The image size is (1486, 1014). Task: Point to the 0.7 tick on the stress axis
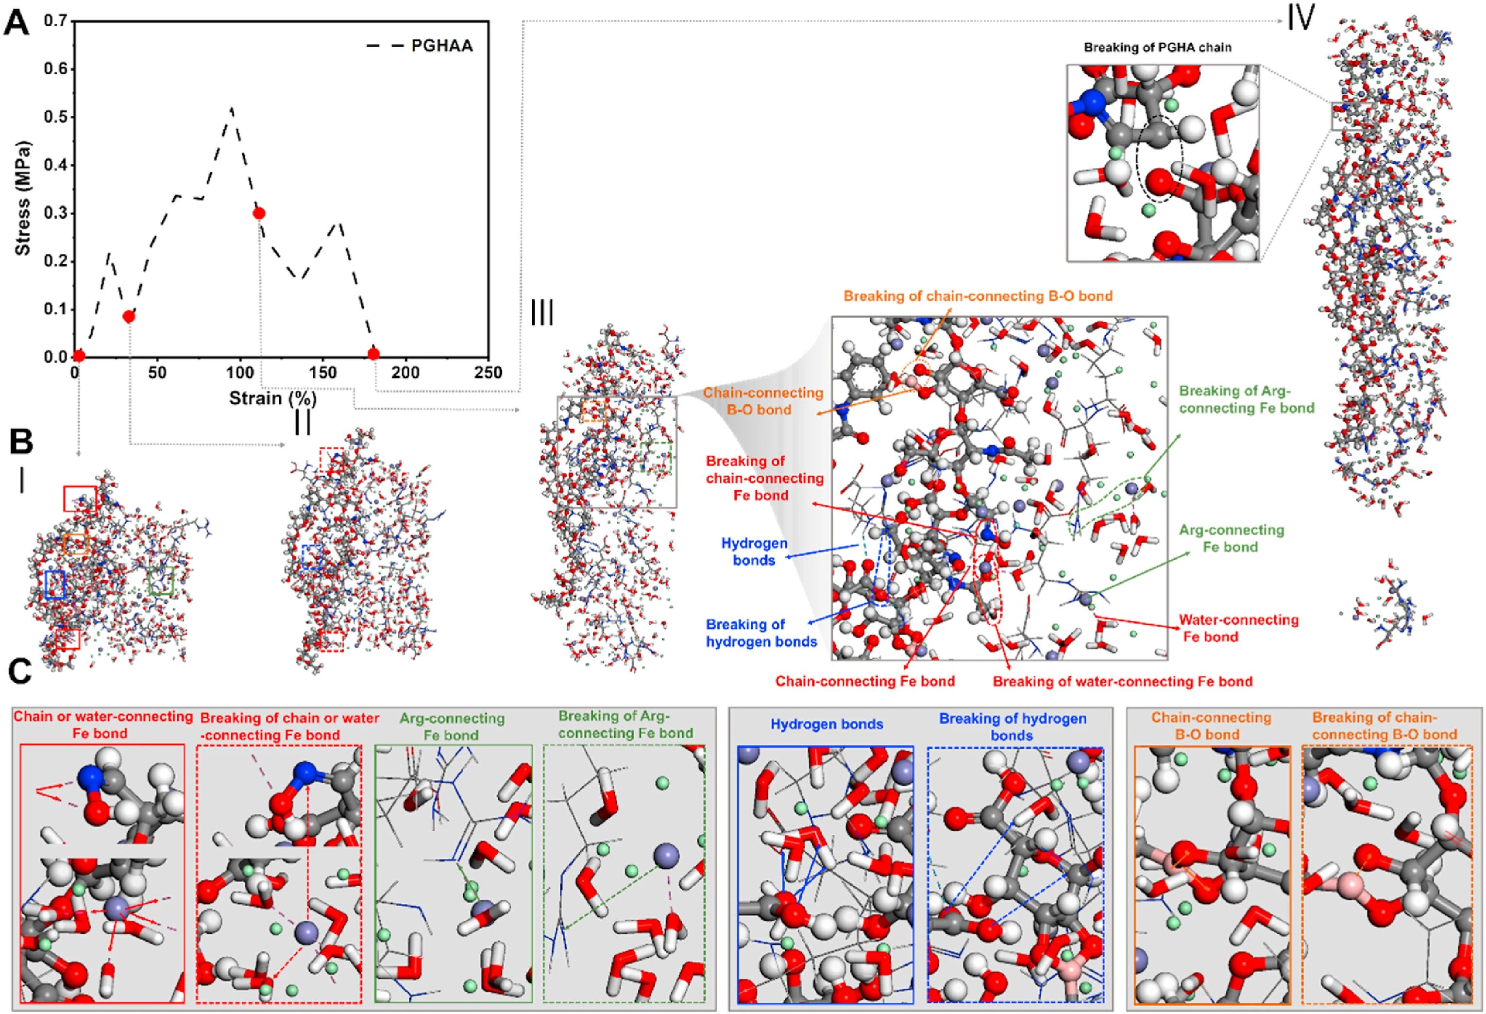point(56,21)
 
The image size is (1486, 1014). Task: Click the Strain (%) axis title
point(273,398)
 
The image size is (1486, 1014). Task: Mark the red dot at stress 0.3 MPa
point(259,213)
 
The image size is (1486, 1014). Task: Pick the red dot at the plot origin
point(79,356)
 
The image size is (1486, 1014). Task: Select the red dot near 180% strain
point(374,354)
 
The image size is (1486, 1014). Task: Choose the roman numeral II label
point(302,422)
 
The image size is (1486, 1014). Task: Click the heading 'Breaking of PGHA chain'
point(1157,47)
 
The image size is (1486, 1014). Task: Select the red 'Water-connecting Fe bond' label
point(1238,628)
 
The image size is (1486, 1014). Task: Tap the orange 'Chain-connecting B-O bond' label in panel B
point(763,401)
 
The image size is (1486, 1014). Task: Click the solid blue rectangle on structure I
point(55,584)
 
